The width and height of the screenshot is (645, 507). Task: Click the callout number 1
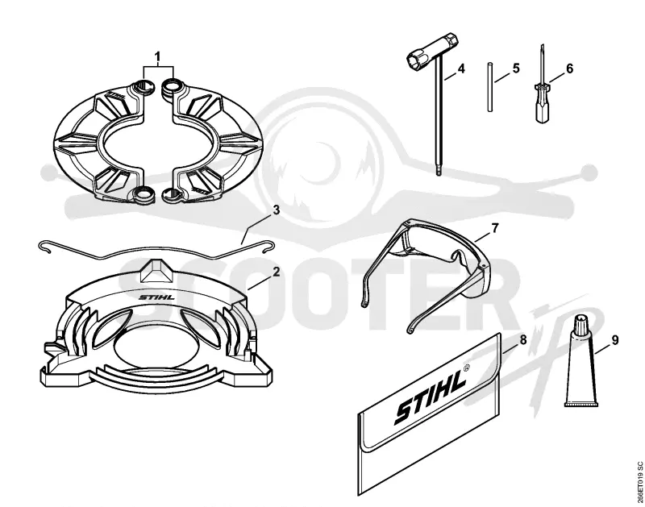click(158, 56)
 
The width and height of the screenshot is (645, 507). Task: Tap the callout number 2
click(276, 272)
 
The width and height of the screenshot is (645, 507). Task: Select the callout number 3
click(276, 210)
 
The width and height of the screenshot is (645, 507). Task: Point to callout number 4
click(460, 69)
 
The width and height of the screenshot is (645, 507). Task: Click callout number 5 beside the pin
click(516, 68)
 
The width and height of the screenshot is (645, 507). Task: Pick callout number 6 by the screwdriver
click(569, 69)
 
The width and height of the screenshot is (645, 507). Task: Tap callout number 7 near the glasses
click(494, 228)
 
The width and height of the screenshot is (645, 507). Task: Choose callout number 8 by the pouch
click(523, 339)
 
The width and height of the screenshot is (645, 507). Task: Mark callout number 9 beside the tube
click(615, 340)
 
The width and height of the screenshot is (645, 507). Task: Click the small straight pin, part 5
click(490, 86)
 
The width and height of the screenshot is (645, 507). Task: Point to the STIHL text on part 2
click(156, 297)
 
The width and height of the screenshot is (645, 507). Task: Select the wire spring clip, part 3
click(156, 250)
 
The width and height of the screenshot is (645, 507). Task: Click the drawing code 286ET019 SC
click(639, 482)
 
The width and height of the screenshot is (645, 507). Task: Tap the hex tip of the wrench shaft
click(439, 171)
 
